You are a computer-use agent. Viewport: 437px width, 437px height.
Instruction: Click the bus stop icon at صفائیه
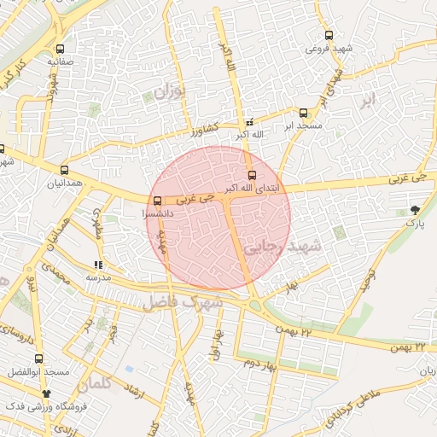(x=60, y=49)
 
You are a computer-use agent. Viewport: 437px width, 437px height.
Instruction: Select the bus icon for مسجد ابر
(x=303, y=113)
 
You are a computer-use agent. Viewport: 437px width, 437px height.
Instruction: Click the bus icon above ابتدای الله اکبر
(x=250, y=175)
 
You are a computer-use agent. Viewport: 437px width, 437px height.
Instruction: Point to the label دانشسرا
(x=157, y=213)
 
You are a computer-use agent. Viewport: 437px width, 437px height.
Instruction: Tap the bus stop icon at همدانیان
(x=65, y=170)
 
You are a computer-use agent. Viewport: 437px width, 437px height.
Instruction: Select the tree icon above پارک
(x=415, y=210)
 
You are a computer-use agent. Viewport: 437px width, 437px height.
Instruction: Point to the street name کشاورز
(x=206, y=131)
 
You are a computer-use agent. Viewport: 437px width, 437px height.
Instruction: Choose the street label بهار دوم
(x=261, y=364)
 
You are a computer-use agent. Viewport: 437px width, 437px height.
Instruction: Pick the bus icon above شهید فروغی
(x=329, y=36)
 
